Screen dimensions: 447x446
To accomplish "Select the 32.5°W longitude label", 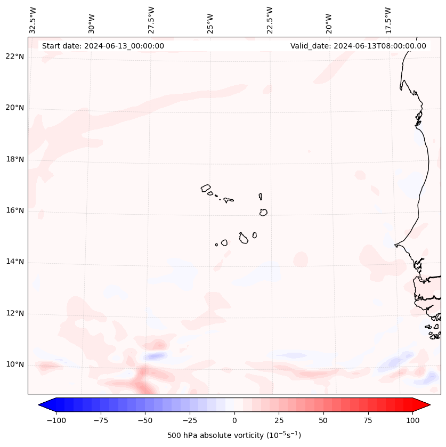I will [33, 20].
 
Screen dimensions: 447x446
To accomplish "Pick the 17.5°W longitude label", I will [388, 20].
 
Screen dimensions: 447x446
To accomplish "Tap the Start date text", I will [103, 46].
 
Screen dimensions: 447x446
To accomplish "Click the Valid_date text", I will [358, 46].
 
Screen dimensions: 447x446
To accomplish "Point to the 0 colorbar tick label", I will [234, 420].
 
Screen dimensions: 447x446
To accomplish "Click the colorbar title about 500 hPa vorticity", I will [234, 435].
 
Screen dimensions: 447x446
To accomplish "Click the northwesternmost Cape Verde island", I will [206, 188].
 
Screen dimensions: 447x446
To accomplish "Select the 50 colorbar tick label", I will [323, 420].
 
